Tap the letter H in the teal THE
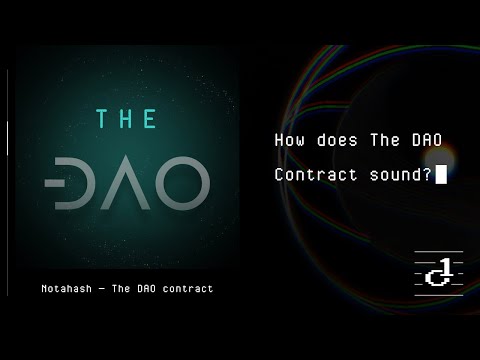[x=126, y=119]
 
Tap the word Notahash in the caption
[x=57, y=288]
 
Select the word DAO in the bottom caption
[x=145, y=288]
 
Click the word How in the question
[x=288, y=141]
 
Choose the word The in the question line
[x=383, y=141]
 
